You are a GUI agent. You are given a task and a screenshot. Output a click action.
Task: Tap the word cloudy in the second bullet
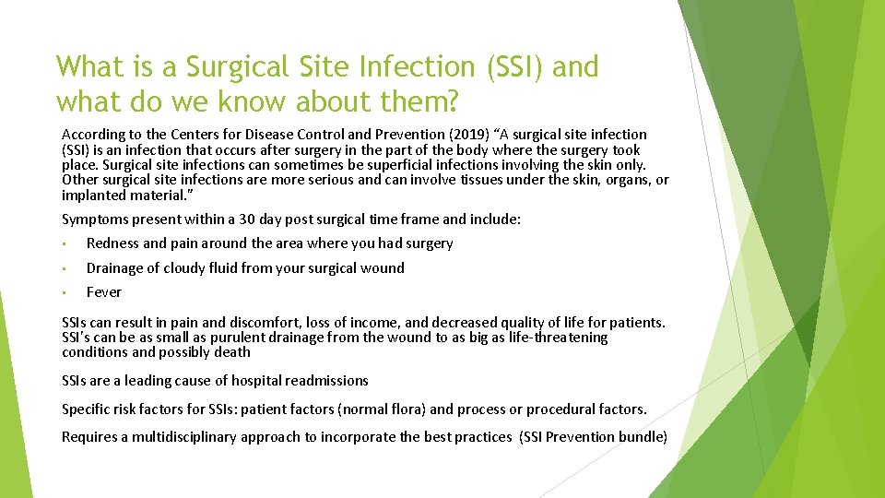pyautogui.click(x=189, y=268)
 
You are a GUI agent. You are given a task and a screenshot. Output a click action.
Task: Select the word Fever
pyautogui.click(x=103, y=292)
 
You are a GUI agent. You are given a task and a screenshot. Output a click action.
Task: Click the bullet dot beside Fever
pyautogui.click(x=65, y=292)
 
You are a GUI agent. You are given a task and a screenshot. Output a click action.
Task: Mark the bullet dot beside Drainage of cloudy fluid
pyautogui.click(x=65, y=268)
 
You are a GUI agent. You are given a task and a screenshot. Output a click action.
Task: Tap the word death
pyautogui.click(x=231, y=352)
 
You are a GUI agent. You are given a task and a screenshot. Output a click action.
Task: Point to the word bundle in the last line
pyautogui.click(x=643, y=437)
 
